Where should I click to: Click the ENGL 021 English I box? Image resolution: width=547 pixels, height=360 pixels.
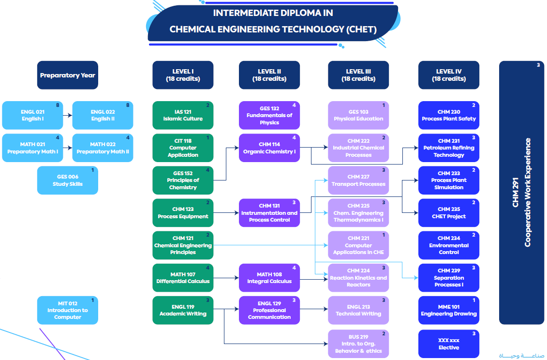[x=32, y=115]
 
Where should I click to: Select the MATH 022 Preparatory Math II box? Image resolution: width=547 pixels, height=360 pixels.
[x=103, y=148]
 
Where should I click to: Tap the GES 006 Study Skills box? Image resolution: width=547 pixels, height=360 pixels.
[x=68, y=180]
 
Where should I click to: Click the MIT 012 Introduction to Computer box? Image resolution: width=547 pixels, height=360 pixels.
[x=68, y=310]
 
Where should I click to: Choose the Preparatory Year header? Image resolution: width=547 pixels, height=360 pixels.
[x=68, y=75]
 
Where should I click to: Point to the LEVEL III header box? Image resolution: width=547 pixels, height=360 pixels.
[x=358, y=75]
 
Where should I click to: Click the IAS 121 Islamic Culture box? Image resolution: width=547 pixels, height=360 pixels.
[x=183, y=115]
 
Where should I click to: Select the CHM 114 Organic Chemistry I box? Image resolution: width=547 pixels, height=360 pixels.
[x=269, y=148]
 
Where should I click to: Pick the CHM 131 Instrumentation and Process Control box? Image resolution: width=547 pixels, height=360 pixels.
[x=269, y=212]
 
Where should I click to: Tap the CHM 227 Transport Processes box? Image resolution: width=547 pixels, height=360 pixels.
[x=358, y=180]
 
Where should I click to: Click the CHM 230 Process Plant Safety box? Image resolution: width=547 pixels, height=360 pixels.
[x=448, y=115]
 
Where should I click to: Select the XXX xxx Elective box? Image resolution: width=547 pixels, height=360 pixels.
[x=448, y=344]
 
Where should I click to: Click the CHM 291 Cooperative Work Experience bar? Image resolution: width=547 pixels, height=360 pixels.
[x=521, y=193]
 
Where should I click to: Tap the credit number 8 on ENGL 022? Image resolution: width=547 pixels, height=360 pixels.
[x=128, y=105]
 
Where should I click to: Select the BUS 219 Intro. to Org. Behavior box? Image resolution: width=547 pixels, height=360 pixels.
[x=358, y=344]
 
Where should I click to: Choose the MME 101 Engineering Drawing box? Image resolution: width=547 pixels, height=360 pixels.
[x=448, y=310]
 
